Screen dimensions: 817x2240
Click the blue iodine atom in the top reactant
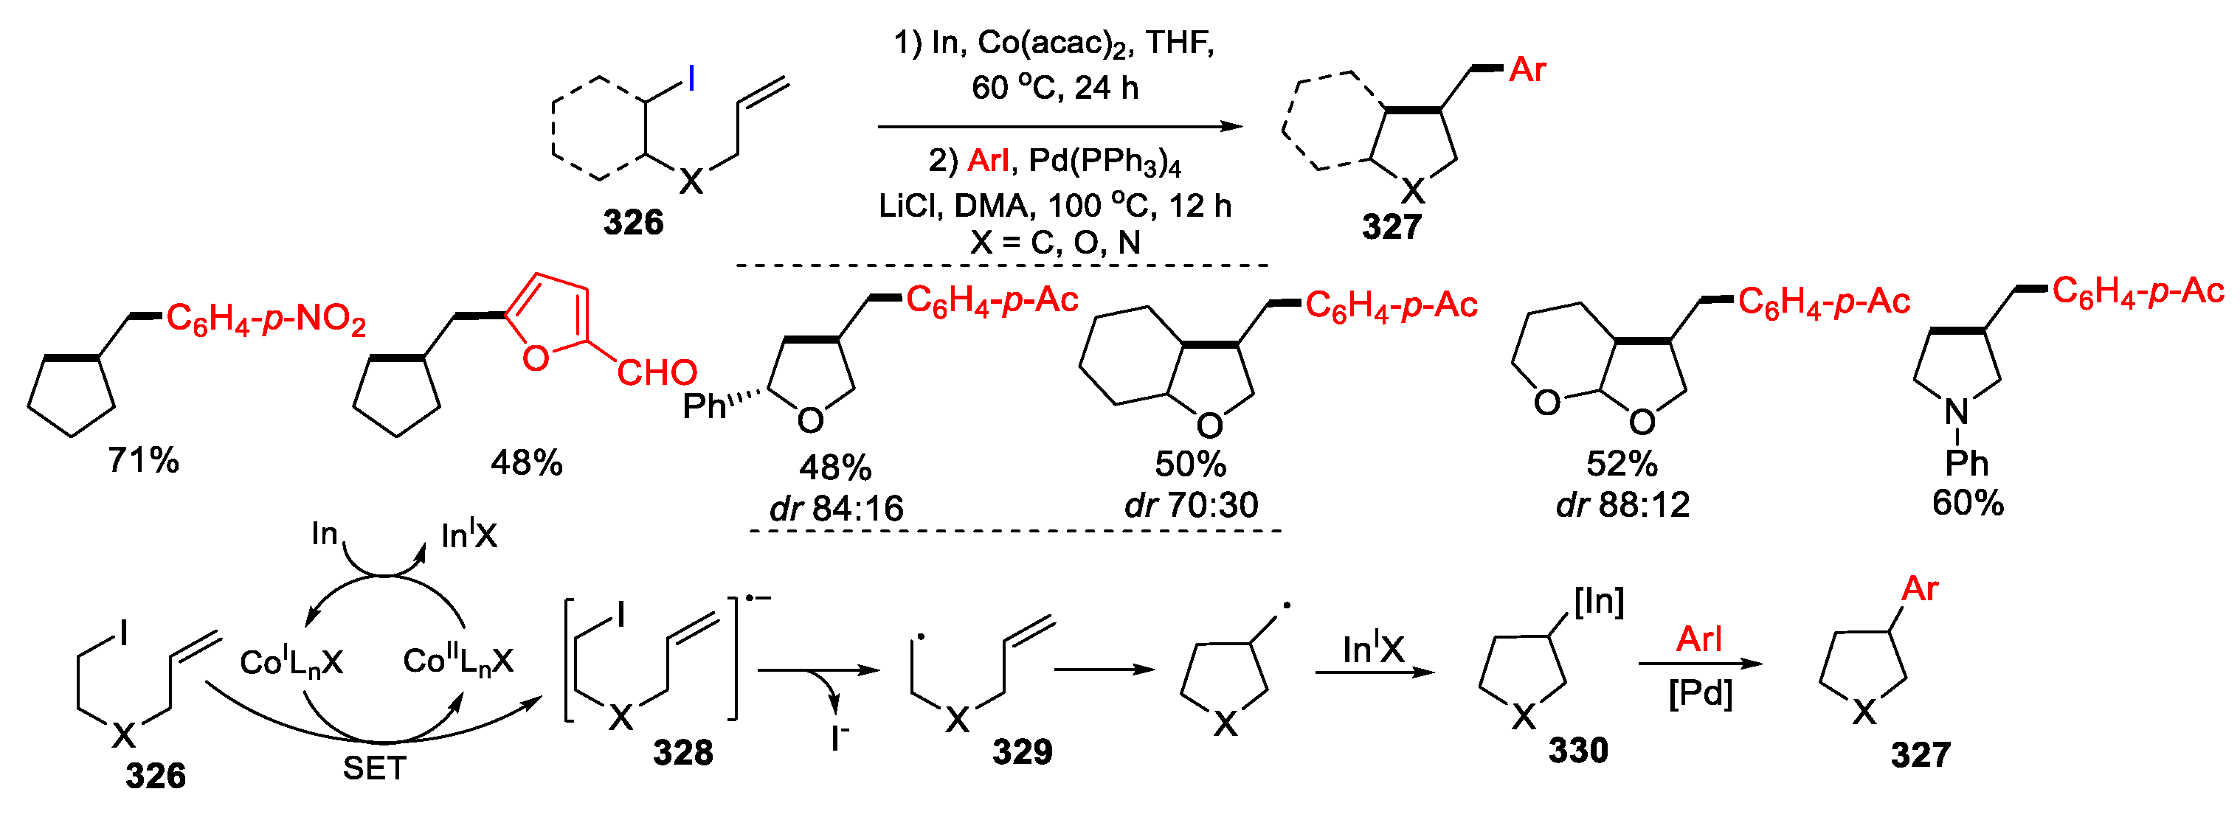691,79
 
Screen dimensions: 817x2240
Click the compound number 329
1022,752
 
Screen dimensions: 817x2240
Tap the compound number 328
682,753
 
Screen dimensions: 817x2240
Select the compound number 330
1578,750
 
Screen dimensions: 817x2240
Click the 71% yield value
143,460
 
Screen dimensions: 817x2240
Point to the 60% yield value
1968,502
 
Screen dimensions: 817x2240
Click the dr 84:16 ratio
837,507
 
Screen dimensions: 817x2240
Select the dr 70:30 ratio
1192,504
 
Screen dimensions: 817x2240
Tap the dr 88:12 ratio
1622,504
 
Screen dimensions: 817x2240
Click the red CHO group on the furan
657,373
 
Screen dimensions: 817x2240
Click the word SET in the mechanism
374,768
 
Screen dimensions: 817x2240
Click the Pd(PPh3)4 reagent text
1105,161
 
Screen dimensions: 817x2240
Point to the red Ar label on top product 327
1527,69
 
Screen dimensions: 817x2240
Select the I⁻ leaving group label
839,738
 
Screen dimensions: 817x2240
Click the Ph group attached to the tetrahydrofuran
705,406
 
